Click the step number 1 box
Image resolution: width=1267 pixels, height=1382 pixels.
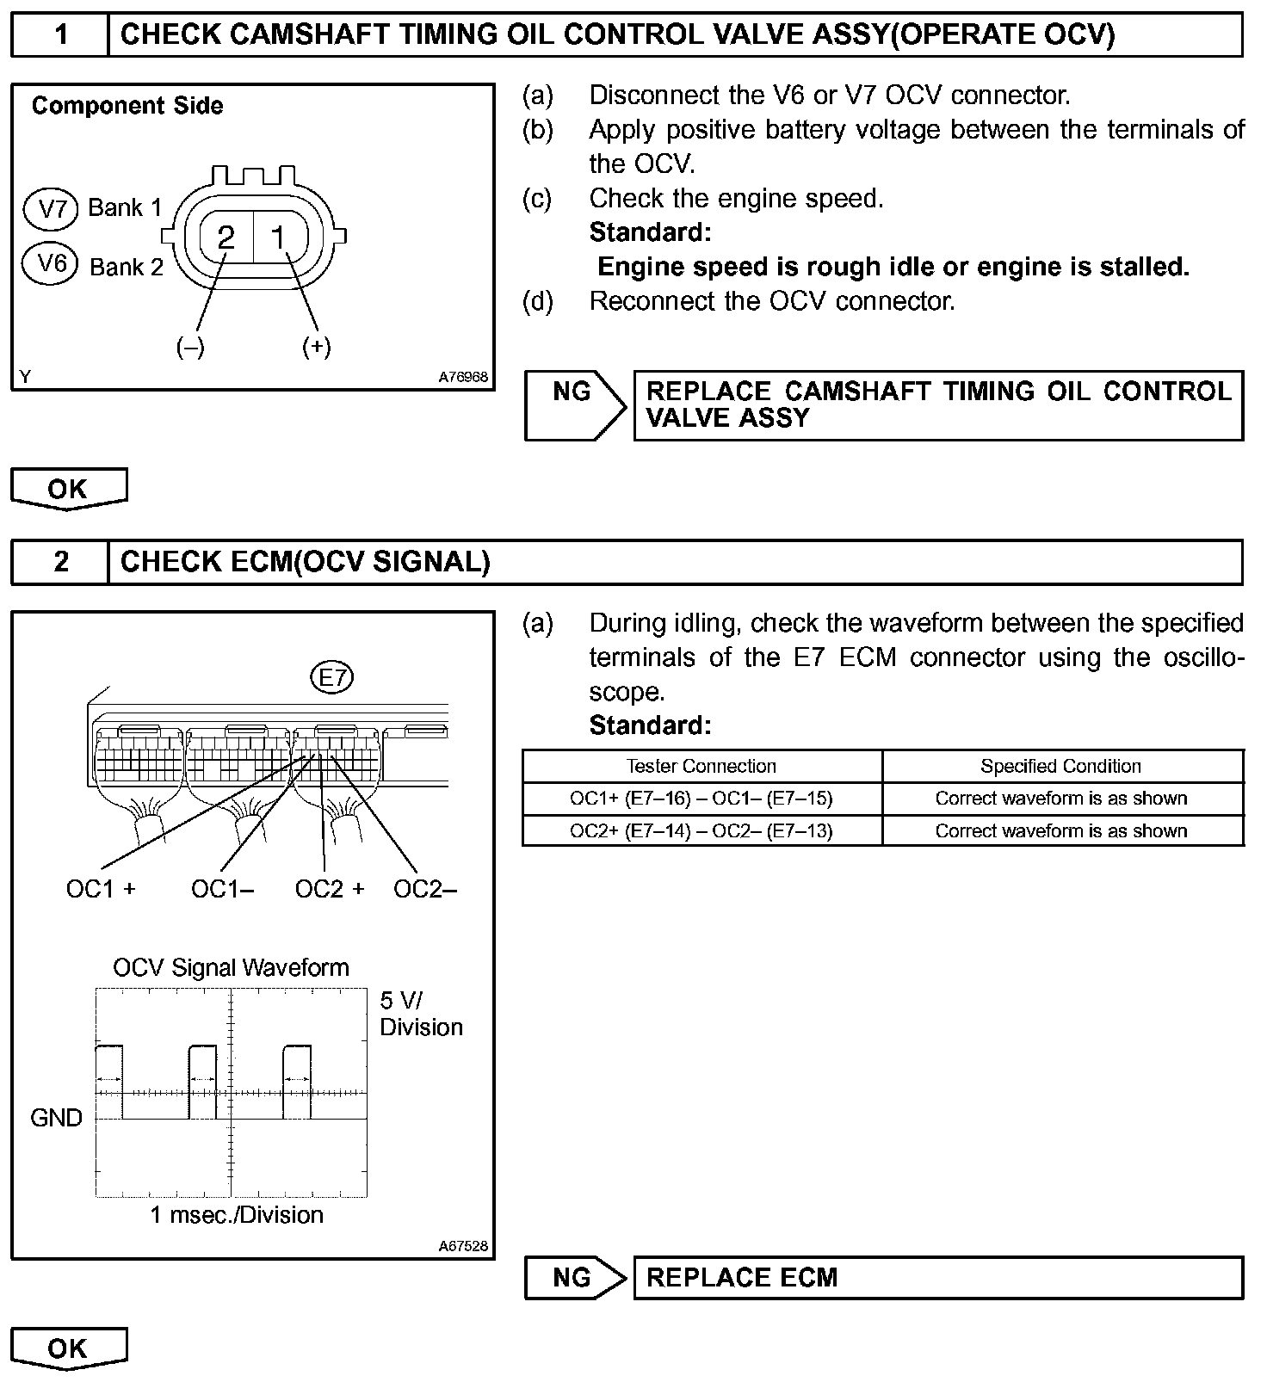click(x=60, y=35)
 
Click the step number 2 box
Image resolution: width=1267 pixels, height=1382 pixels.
click(x=60, y=562)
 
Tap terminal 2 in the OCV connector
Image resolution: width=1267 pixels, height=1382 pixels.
click(x=226, y=237)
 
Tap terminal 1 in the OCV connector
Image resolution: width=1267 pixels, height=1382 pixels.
click(x=278, y=237)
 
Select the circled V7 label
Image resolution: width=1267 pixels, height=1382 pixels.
click(x=53, y=209)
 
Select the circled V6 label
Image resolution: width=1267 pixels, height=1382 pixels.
click(x=53, y=262)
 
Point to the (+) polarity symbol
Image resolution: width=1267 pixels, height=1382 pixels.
click(x=317, y=346)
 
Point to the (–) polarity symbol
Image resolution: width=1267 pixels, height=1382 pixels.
click(x=190, y=346)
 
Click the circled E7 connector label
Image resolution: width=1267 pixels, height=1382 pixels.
click(x=332, y=678)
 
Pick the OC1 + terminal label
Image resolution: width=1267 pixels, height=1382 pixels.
click(x=101, y=889)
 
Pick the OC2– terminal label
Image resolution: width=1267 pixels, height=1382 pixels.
click(x=424, y=889)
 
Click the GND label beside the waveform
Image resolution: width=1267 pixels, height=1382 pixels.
click(x=56, y=1118)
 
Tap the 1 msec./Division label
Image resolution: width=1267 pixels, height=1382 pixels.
click(x=237, y=1215)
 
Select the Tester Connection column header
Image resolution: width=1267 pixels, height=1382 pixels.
click(x=701, y=766)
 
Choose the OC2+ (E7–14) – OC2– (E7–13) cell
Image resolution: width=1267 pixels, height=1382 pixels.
click(x=701, y=831)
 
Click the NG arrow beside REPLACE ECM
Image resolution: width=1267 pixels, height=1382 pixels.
click(x=573, y=1278)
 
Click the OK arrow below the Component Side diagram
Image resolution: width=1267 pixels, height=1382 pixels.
click(x=69, y=489)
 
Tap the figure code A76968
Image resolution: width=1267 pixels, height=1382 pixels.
click(x=463, y=377)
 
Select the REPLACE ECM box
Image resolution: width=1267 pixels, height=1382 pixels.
click(x=938, y=1278)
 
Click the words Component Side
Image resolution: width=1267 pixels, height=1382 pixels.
click(x=127, y=106)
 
